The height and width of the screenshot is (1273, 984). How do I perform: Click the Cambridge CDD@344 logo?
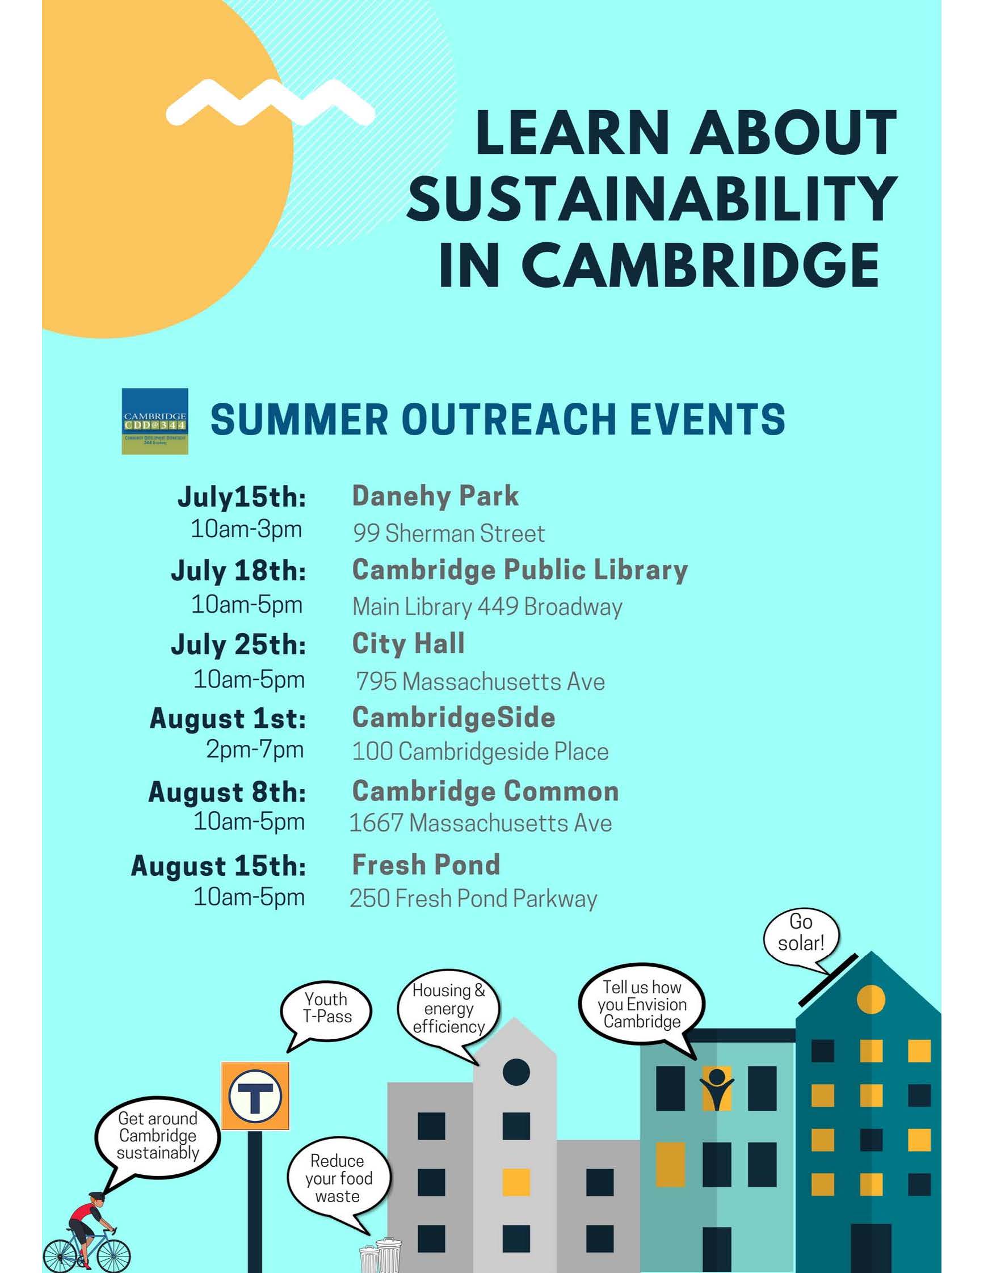[x=154, y=421]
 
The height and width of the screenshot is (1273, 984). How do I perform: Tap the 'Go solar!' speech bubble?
[x=801, y=934]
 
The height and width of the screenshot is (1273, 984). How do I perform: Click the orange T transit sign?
[x=255, y=1095]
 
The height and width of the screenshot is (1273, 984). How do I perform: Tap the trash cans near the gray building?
[x=380, y=1254]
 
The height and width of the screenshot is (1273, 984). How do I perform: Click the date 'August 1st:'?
[x=228, y=718]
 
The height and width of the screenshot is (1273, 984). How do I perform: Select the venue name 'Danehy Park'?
[x=435, y=496]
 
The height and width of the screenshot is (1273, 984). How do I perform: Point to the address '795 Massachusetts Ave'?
[x=480, y=681]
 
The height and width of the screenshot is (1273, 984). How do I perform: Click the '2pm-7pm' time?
[x=255, y=749]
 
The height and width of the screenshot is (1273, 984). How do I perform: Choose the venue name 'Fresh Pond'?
[x=426, y=865]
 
